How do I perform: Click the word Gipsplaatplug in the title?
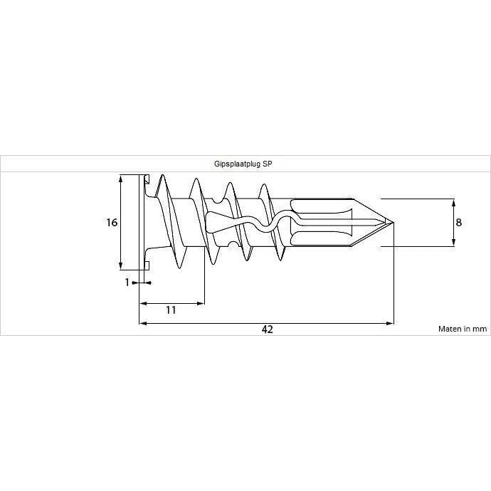tap(238, 164)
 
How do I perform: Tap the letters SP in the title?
tap(268, 164)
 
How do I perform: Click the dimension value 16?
tap(112, 222)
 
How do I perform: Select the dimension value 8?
tap(458, 222)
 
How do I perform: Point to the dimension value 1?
tap(127, 283)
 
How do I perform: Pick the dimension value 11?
tap(171, 310)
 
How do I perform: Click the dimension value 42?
tap(267, 329)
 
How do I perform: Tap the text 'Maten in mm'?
tap(463, 329)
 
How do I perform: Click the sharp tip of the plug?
tap(393, 222)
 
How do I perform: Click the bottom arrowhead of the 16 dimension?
tap(121, 265)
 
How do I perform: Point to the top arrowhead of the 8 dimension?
tap(454, 203)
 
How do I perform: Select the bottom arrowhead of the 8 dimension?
tap(454, 243)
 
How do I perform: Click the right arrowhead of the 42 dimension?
tap(389, 323)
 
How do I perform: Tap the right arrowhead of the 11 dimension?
tap(201, 303)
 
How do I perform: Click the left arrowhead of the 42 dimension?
tap(143, 323)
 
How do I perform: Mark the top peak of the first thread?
tap(162, 175)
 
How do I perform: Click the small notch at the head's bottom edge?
tap(147, 265)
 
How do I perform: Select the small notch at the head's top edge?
tap(147, 179)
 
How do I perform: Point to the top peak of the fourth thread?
tap(264, 185)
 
